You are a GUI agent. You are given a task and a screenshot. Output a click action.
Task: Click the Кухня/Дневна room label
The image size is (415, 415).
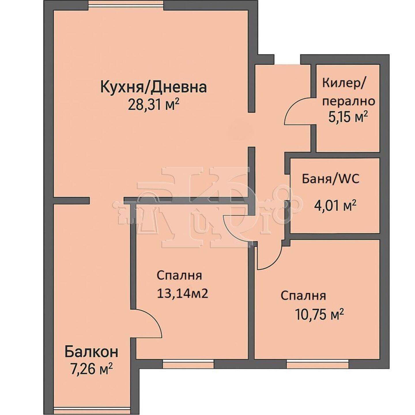click(x=154, y=87)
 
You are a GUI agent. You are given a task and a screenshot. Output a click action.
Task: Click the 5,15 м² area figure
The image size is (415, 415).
click(x=348, y=118)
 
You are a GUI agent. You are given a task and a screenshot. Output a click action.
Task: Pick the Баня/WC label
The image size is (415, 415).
click(x=331, y=179)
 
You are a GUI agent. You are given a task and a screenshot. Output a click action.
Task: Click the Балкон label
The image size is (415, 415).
click(x=91, y=352)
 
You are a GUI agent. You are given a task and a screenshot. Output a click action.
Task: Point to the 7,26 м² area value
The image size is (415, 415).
click(x=92, y=370)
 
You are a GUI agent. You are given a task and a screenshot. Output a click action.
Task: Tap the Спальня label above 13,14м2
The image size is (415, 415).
click(x=179, y=276)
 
